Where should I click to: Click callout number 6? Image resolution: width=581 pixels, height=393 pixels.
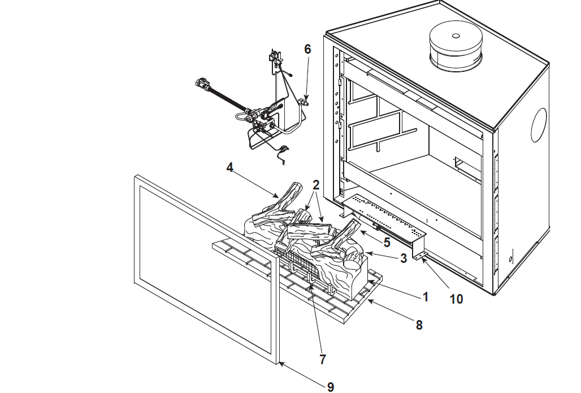pos(307,49)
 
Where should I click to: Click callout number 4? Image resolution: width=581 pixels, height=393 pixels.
pos(229,167)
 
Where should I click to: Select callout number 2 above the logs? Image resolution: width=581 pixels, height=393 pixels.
pos(316,185)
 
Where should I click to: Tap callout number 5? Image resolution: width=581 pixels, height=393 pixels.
pos(387,243)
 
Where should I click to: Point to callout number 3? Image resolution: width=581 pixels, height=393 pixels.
pos(404,258)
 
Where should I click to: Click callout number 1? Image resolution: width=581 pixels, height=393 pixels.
pos(426,297)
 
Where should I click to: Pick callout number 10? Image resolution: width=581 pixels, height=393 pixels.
pos(456,299)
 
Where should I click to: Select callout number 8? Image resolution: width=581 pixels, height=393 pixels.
pos(419,325)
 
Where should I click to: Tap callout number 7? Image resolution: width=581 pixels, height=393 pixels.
pos(323,359)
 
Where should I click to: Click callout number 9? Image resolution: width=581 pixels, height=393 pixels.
pos(331,387)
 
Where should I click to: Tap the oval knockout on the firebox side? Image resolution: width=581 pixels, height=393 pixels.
pos(539,125)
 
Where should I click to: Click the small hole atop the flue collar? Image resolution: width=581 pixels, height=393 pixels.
pos(456,36)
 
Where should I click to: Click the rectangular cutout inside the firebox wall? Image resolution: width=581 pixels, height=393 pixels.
pos(463,163)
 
